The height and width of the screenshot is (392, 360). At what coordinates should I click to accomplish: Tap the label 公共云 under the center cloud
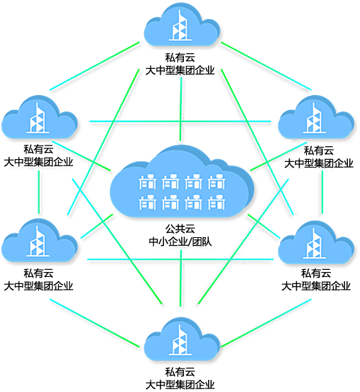click(x=180, y=229)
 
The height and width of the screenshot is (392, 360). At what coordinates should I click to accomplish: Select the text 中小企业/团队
click(x=180, y=241)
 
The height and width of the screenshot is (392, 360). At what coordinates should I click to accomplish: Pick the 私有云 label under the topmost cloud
click(x=180, y=58)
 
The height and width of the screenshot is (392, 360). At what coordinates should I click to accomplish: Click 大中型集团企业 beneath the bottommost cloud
click(x=180, y=384)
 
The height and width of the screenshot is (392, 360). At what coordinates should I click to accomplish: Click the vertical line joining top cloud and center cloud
click(x=180, y=109)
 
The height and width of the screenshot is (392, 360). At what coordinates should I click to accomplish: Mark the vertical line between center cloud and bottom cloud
click(x=180, y=278)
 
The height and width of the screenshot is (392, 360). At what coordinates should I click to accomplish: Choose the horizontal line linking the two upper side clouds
click(x=180, y=121)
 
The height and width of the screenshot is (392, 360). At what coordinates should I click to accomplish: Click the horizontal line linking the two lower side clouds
click(x=180, y=259)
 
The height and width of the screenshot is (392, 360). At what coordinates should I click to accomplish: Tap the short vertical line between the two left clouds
click(x=39, y=192)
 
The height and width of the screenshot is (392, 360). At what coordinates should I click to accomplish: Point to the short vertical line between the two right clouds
click(x=322, y=192)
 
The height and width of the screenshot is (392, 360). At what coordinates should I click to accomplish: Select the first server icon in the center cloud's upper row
click(x=148, y=182)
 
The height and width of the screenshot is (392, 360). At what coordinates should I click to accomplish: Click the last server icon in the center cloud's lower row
click(x=217, y=202)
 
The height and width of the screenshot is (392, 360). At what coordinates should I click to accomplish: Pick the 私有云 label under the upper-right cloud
click(x=319, y=151)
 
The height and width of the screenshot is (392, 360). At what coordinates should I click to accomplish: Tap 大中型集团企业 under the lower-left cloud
click(x=38, y=286)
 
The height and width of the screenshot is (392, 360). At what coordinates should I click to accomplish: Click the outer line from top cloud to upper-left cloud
click(x=94, y=66)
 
